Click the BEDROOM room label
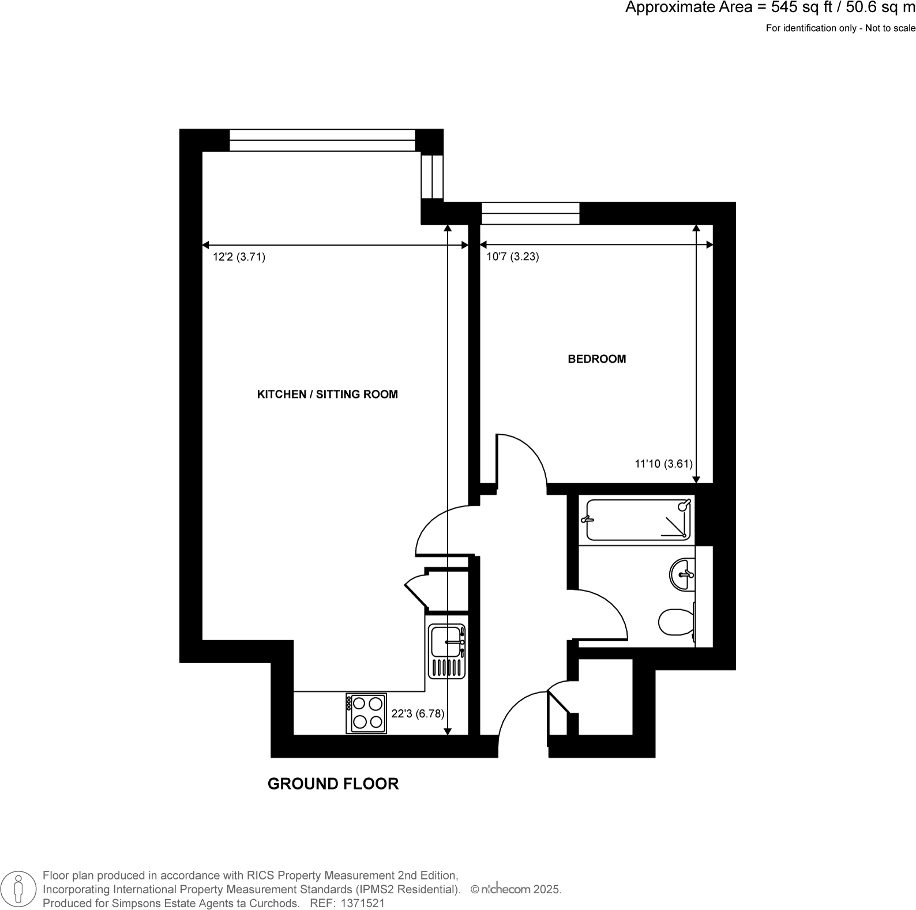(x=596, y=359)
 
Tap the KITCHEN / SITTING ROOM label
(x=327, y=394)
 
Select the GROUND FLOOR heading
(x=333, y=784)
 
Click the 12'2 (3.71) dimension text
(x=239, y=257)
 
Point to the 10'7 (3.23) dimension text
(x=512, y=257)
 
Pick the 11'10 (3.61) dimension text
(x=663, y=464)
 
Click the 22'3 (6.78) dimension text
(x=418, y=713)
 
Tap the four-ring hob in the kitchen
(x=366, y=713)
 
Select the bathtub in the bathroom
(x=637, y=520)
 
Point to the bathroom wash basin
(x=683, y=574)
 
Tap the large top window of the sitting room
(x=322, y=140)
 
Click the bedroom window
(x=530, y=213)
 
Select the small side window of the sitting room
(x=432, y=176)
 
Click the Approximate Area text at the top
(x=770, y=8)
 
